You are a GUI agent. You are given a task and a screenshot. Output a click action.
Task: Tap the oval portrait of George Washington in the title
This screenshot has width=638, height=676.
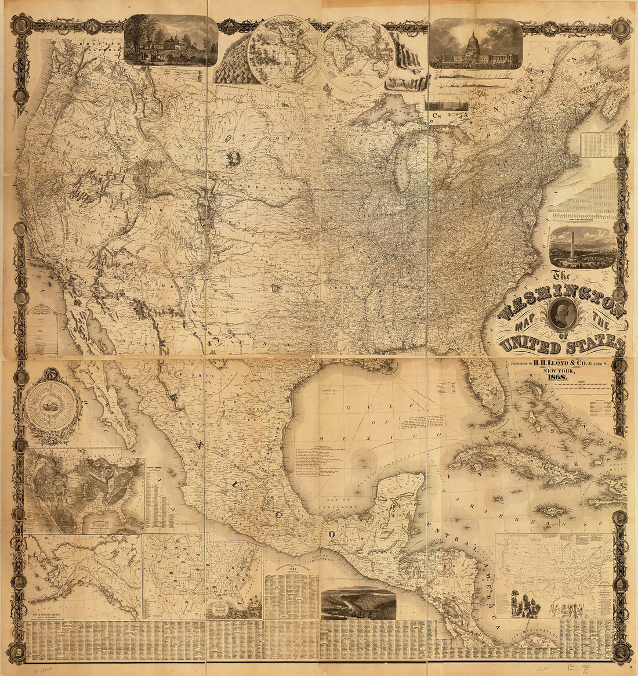[x=561, y=314]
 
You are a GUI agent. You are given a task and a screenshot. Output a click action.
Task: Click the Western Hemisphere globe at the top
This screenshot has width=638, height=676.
[x=284, y=52]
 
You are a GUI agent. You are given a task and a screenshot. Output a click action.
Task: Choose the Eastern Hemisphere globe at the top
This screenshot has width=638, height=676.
[x=358, y=53]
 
